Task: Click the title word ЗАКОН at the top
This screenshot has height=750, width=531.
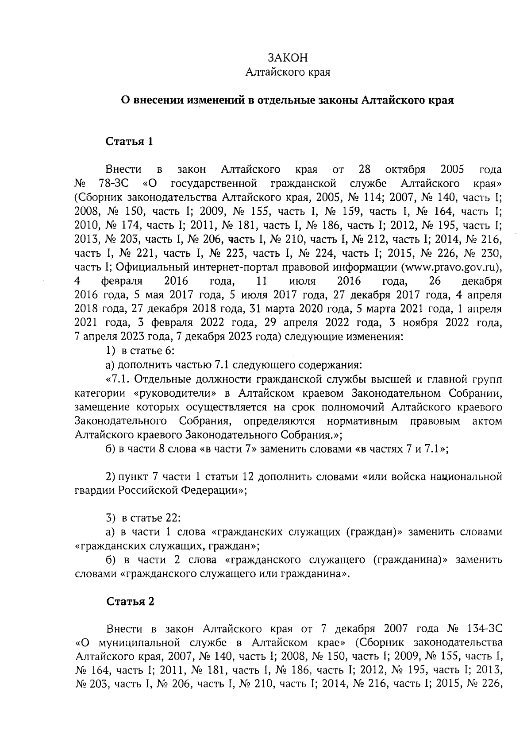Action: [288, 58]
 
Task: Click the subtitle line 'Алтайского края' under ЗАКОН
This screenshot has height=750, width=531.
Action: [288, 72]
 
